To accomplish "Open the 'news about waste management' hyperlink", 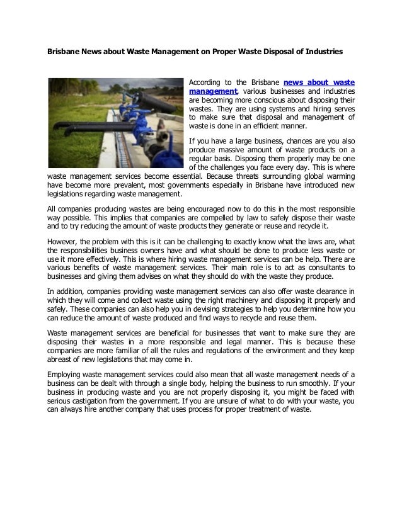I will [319, 82].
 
